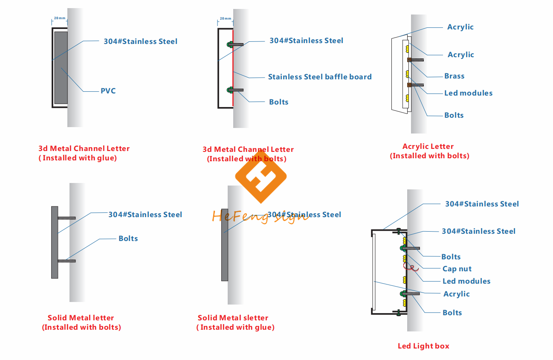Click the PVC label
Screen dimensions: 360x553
tap(108, 91)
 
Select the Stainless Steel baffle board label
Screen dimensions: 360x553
tap(319, 77)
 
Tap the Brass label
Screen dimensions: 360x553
tap(454, 76)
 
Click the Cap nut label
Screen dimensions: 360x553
tap(457, 269)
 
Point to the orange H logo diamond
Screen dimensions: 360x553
tap(261, 175)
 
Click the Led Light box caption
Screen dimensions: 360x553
tap(423, 346)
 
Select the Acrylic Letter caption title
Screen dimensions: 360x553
tap(428, 146)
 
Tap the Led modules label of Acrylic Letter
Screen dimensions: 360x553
tap(468, 93)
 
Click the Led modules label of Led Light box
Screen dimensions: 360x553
tap(466, 281)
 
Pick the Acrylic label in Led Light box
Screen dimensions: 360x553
tap(456, 294)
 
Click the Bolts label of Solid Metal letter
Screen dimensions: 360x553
tap(128, 238)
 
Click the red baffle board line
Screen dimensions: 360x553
tap(233, 68)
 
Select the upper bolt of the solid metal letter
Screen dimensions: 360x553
tap(67, 218)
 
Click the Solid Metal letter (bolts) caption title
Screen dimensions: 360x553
tap(81, 318)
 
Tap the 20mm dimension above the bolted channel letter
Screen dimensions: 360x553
tap(226, 19)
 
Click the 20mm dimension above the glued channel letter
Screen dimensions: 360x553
tap(59, 19)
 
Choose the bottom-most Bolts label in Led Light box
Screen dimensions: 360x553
tap(452, 313)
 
